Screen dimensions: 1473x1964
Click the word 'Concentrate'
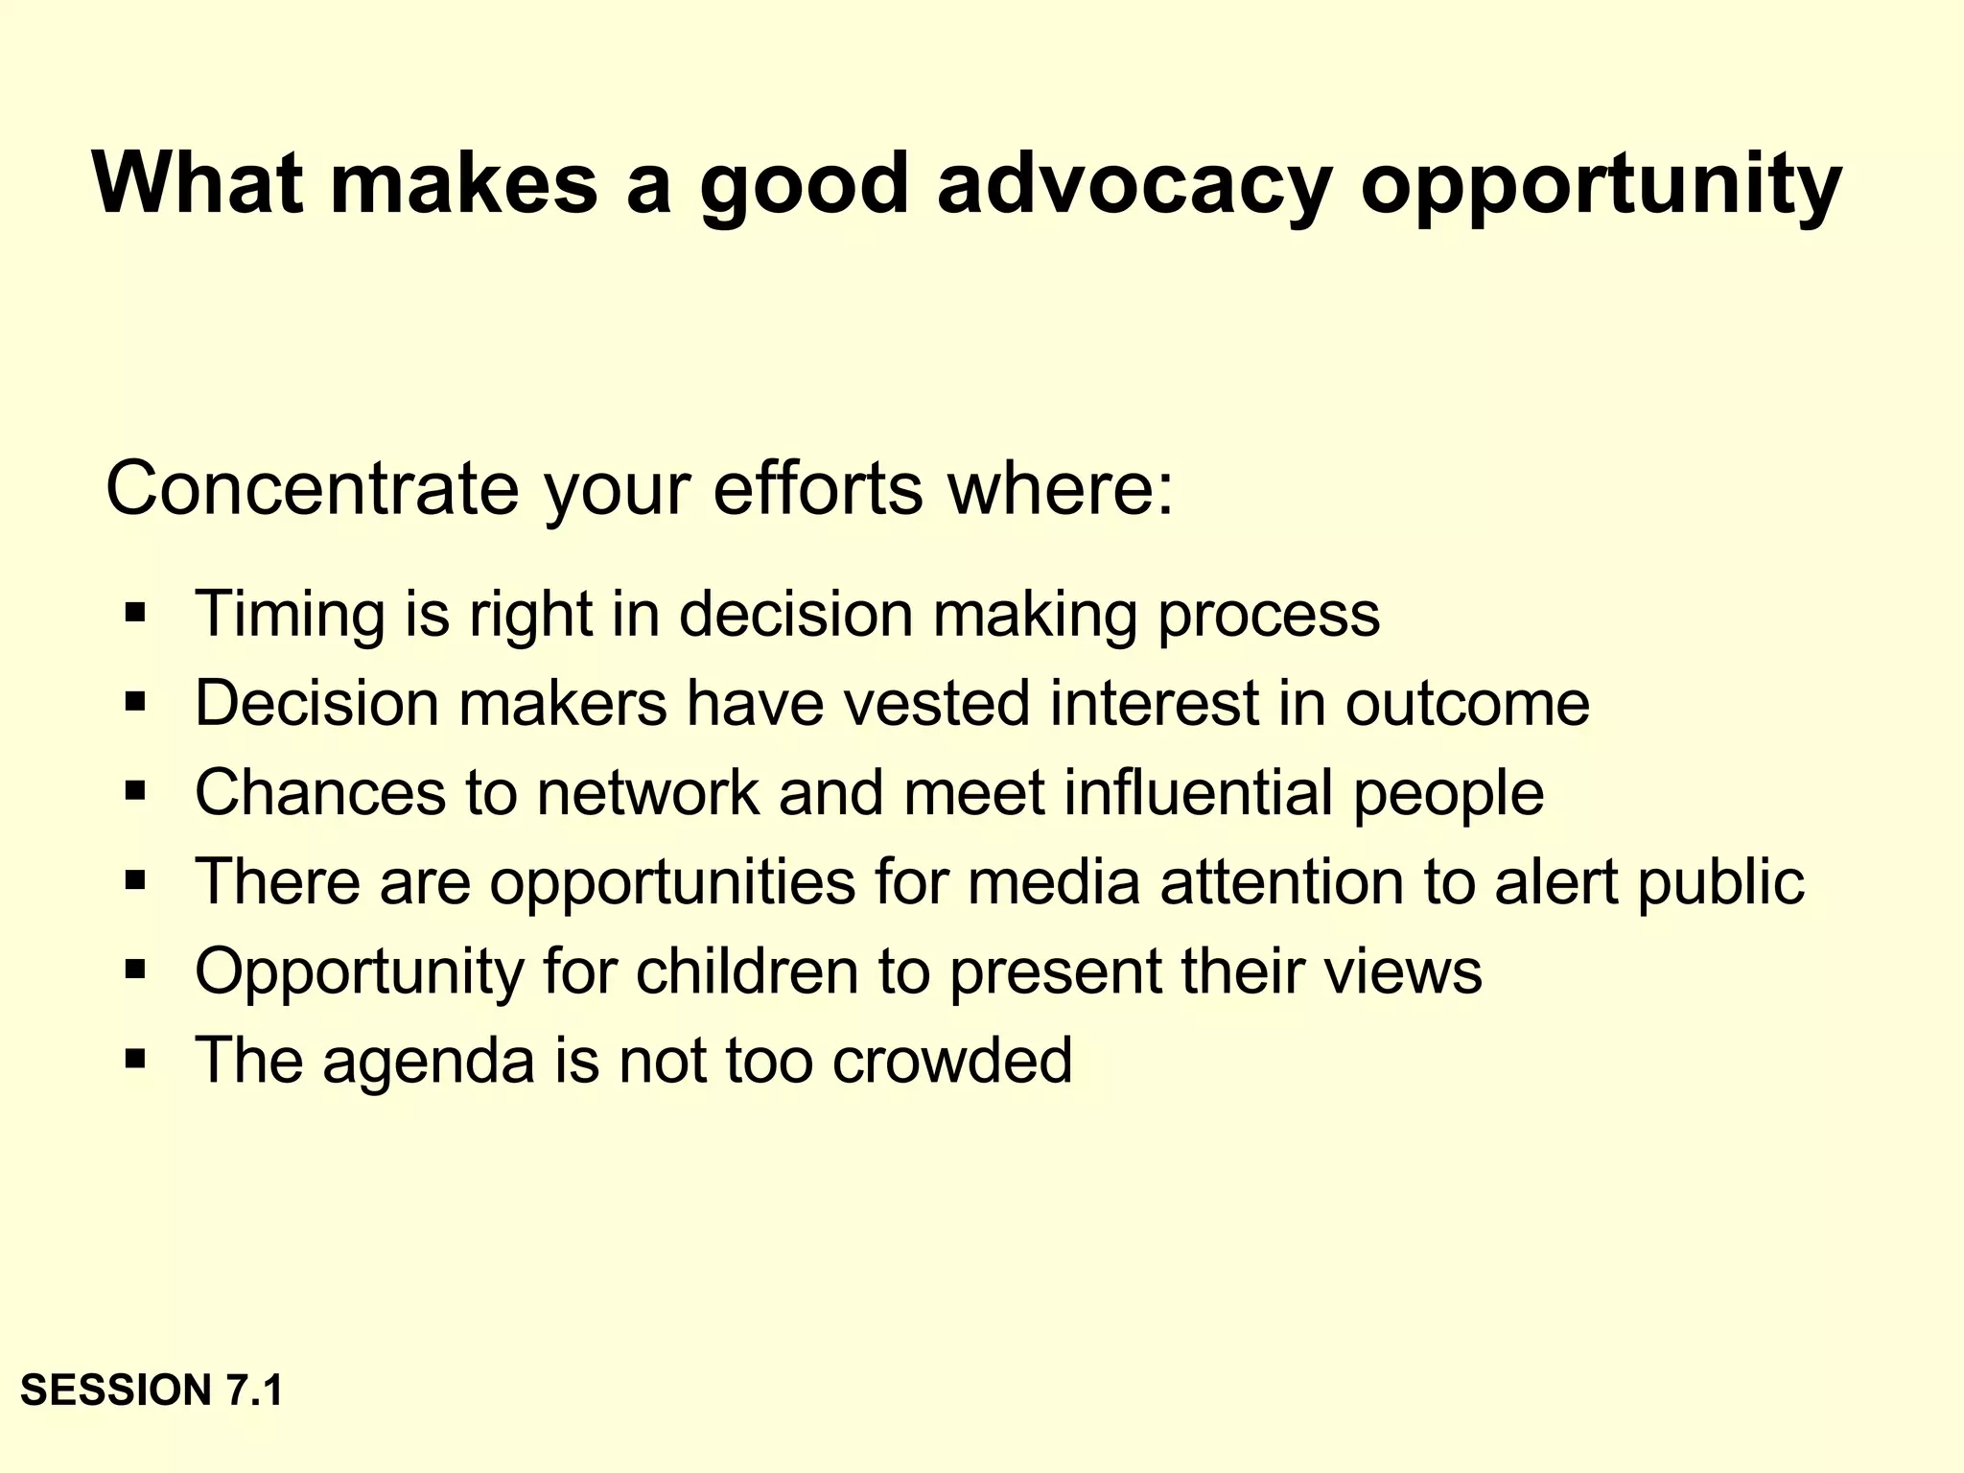312,489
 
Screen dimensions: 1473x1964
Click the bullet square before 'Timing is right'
135,613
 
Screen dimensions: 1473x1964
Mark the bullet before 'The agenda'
135,1060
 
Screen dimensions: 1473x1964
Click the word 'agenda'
428,1063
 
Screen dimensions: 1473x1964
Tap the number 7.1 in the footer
254,1391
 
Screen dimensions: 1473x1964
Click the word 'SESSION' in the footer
116,1391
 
